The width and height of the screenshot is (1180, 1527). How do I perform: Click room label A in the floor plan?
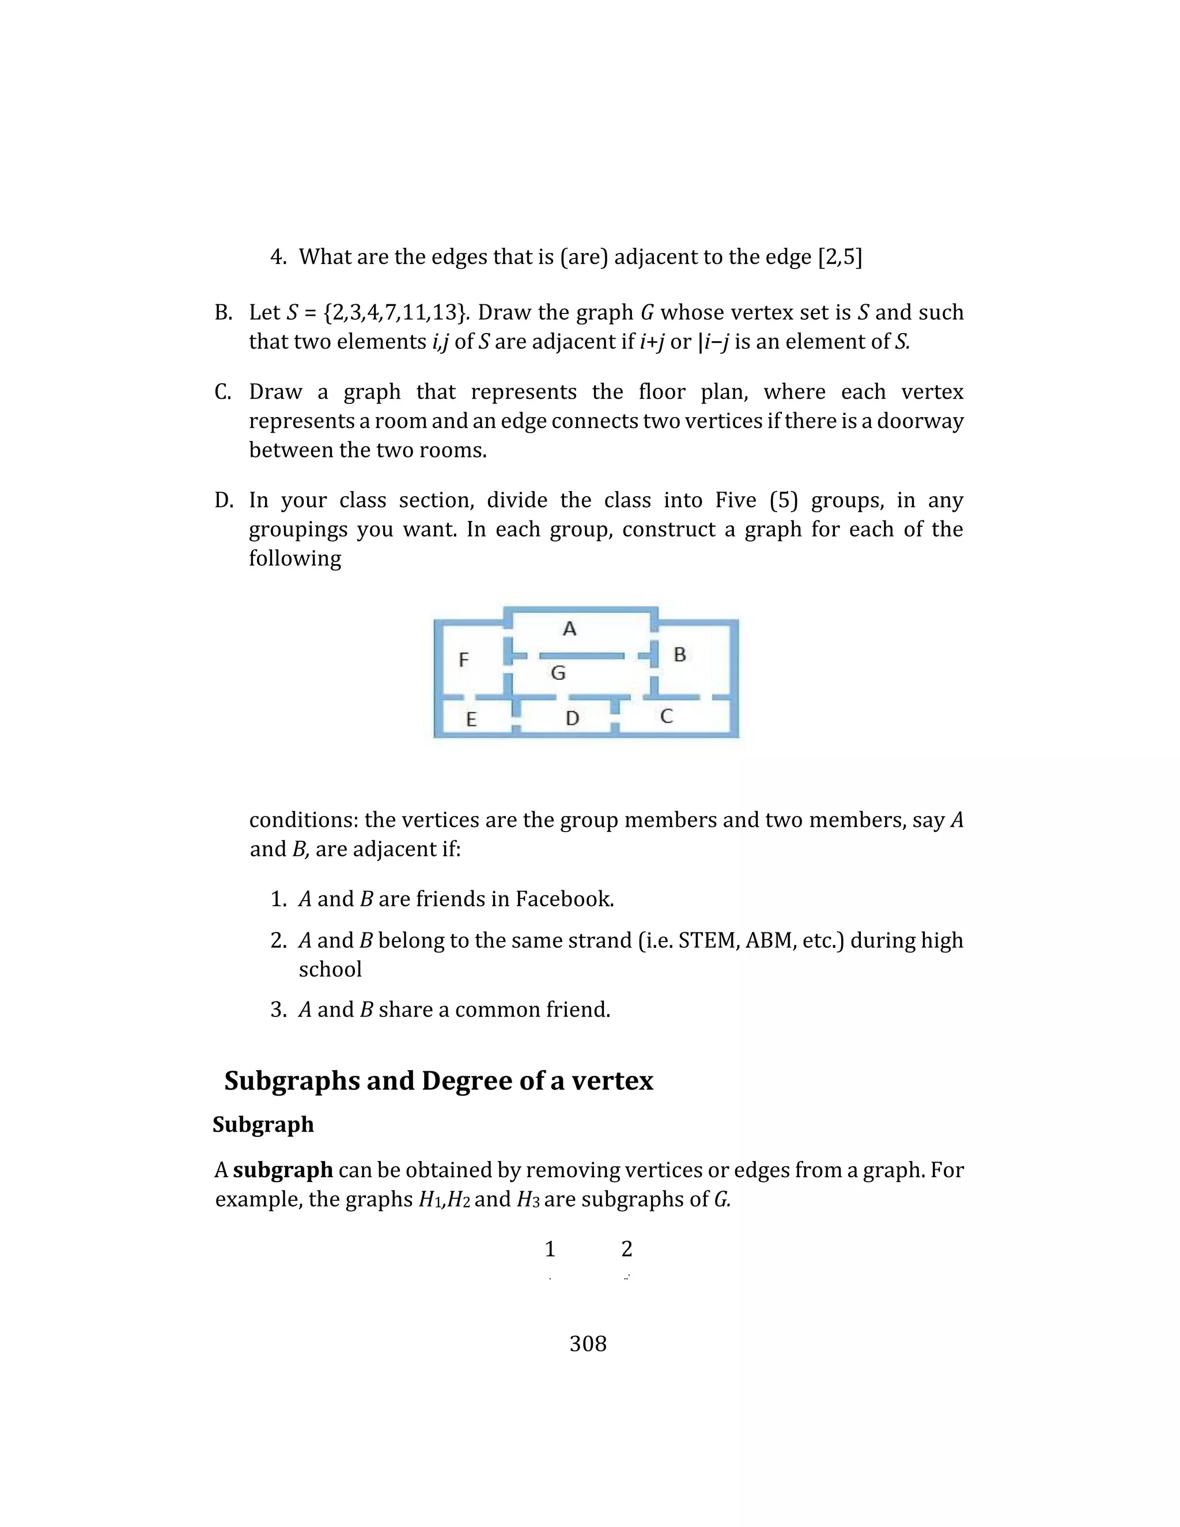pos(569,629)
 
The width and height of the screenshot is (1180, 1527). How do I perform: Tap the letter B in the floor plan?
pos(679,655)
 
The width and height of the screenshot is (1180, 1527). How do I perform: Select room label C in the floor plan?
pos(666,716)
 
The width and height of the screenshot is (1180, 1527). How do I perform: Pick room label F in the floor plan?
pos(463,659)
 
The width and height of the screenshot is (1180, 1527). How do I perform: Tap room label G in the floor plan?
pos(558,672)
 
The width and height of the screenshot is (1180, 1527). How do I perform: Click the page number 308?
pos(588,1343)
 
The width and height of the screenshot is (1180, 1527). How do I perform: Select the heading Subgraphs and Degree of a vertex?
pos(438,1080)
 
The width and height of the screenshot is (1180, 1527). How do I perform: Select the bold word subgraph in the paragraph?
pos(282,1170)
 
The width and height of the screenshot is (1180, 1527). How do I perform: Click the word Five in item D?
pos(735,500)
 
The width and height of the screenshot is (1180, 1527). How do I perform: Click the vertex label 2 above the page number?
pos(626,1249)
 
